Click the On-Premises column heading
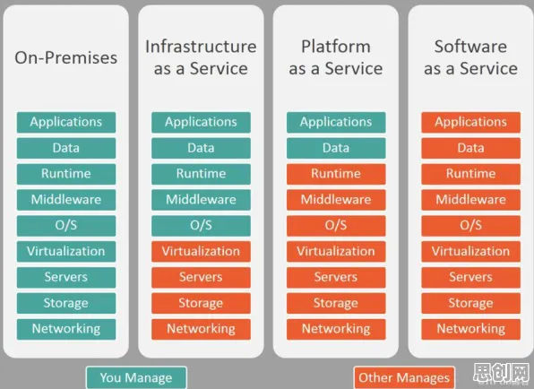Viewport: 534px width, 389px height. click(65, 57)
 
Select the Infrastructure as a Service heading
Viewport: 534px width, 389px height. click(201, 57)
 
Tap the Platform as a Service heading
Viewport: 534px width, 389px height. click(336, 57)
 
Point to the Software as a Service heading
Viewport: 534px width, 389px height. click(470, 57)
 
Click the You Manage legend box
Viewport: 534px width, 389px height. click(136, 377)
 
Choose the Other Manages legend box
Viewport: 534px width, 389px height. click(404, 377)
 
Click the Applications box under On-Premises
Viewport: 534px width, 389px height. click(66, 122)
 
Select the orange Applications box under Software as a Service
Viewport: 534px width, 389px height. click(470, 122)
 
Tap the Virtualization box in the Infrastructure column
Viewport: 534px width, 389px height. click(201, 251)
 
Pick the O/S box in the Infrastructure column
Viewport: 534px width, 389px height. click(201, 226)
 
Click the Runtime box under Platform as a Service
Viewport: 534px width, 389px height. click(336, 174)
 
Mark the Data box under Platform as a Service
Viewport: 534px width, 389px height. click(336, 148)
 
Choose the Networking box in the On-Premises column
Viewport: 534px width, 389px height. click(66, 329)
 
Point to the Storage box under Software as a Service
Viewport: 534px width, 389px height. click(470, 303)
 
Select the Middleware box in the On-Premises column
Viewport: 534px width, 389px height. click(66, 200)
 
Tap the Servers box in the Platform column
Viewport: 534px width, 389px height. click(336, 277)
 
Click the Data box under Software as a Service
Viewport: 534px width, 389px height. click(470, 148)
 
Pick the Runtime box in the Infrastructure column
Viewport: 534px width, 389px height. click(201, 174)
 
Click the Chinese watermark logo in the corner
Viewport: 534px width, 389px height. click(502, 373)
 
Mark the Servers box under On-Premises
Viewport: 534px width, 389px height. click(66, 277)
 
